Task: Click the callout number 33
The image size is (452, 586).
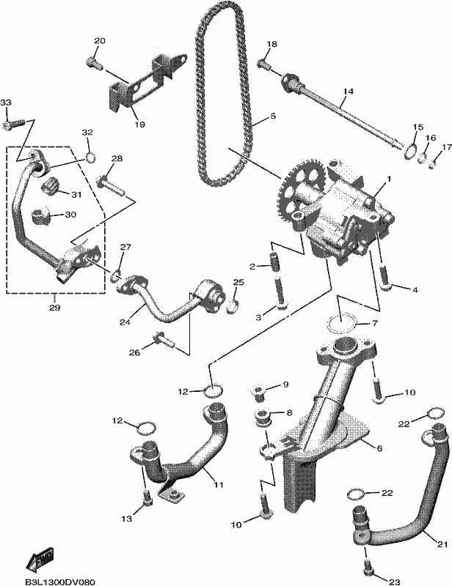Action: [6, 103]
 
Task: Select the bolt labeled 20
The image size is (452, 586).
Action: [95, 63]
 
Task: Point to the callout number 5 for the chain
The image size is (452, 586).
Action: [273, 116]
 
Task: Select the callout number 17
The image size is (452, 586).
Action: [447, 147]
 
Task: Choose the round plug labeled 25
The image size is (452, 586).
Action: [232, 306]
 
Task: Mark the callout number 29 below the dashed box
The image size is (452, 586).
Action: [54, 308]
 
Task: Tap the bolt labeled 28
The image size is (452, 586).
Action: [111, 185]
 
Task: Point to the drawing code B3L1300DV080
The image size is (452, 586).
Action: [59, 582]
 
